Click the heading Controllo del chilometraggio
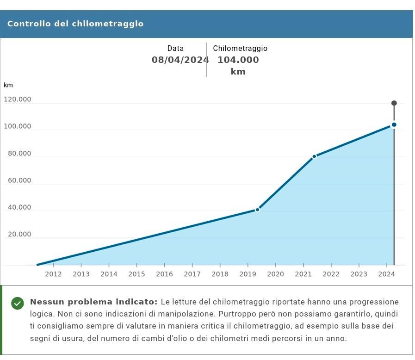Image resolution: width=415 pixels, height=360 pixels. click(75, 24)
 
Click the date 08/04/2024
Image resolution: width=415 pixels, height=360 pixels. click(180, 60)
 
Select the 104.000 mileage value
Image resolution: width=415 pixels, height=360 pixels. click(238, 60)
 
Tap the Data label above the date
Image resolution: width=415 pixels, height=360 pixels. click(175, 48)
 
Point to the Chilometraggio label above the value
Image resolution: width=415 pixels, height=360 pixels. click(240, 48)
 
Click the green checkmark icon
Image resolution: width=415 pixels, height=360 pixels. click(18, 303)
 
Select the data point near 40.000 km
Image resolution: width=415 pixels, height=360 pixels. click(258, 210)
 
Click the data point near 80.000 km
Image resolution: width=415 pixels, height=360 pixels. click(314, 156)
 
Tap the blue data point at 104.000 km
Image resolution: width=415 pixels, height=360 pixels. click(394, 124)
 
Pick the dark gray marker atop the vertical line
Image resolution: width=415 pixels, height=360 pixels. click(394, 103)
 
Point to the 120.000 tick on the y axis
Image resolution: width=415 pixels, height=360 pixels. click(18, 99)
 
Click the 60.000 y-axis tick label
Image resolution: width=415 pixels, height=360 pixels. click(19, 180)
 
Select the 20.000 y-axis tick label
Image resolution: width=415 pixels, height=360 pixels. click(19, 234)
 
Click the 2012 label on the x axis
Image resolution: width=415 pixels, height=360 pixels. click(53, 274)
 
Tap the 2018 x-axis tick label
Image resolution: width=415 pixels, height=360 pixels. click(220, 274)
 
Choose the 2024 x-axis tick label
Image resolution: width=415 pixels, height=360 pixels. click(386, 274)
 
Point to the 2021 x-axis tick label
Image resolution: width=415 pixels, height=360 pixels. click(303, 274)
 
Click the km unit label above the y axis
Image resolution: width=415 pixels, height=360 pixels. click(8, 85)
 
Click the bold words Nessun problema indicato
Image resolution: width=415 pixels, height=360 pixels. click(93, 302)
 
